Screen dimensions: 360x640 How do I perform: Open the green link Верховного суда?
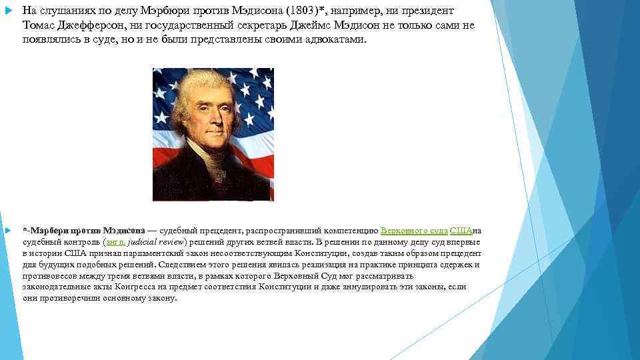[x=414, y=231]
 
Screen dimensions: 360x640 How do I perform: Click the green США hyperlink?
[x=461, y=231]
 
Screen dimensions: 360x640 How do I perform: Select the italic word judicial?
[x=145, y=242]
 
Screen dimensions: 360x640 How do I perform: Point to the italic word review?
[x=173, y=242]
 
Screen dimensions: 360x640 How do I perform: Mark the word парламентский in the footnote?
[x=144, y=253]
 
